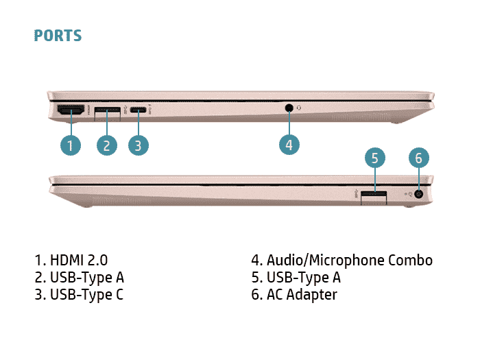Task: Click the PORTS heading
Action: point(58,36)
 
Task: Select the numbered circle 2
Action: point(107,145)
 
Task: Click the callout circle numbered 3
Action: point(138,145)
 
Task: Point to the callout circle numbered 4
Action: point(289,145)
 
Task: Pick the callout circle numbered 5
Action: point(374,159)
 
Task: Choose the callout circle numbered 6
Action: point(419,159)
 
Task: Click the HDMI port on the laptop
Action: point(70,110)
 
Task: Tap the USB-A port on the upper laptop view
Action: point(108,110)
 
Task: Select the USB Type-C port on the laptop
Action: point(139,110)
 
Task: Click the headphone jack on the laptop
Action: point(289,107)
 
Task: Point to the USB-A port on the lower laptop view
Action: point(374,196)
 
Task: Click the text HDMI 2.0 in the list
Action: point(79,261)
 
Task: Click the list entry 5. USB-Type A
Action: point(296,278)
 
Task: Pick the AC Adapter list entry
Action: point(294,295)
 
